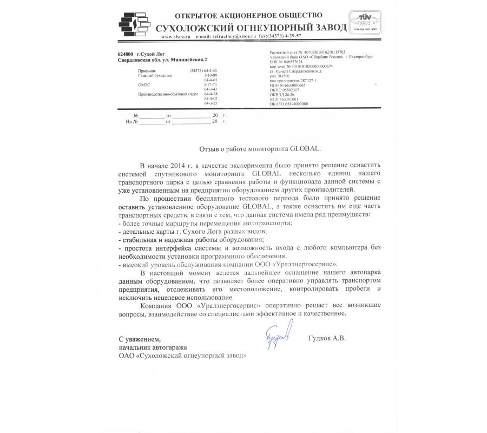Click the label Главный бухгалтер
pyautogui.click(x=155, y=76)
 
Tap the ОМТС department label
pyautogui.click(x=144, y=85)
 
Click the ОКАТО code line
pyautogui.click(x=289, y=103)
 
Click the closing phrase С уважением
pyautogui.click(x=140, y=339)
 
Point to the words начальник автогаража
pyautogui.click(x=153, y=347)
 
